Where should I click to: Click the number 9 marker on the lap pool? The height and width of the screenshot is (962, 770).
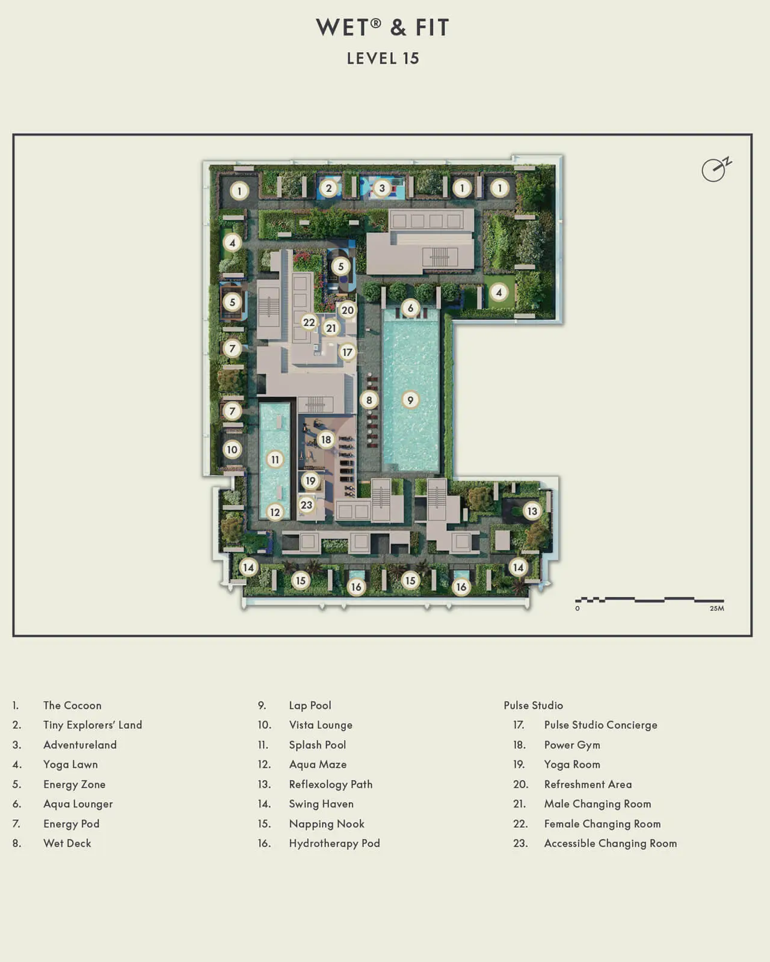click(x=410, y=400)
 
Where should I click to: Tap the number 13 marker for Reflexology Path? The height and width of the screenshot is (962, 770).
click(x=532, y=511)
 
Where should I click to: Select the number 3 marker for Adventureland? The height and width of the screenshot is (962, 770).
click(x=381, y=188)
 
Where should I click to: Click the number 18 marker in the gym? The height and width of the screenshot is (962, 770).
click(x=325, y=440)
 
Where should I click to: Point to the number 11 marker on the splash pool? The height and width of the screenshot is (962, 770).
click(x=275, y=459)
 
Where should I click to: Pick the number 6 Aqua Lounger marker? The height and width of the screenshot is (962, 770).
click(x=410, y=308)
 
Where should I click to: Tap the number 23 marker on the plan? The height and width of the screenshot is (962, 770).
click(x=307, y=504)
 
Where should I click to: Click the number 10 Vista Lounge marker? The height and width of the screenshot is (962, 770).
click(x=232, y=449)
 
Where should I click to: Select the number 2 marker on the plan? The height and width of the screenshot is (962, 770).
click(x=328, y=188)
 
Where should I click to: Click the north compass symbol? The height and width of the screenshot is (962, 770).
click(x=715, y=170)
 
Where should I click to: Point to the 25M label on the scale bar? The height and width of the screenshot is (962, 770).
click(x=716, y=608)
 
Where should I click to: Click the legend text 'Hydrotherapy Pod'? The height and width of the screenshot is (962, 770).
click(x=334, y=843)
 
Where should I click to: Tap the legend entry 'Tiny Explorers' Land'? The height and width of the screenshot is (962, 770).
click(x=93, y=725)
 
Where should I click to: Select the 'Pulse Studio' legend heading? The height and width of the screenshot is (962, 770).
click(x=533, y=705)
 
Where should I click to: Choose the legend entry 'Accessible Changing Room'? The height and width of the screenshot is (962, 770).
click(x=610, y=843)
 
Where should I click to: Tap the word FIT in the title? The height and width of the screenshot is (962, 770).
click(x=432, y=28)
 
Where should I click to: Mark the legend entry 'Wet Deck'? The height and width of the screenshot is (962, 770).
click(x=67, y=843)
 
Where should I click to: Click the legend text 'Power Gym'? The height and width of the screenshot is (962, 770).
click(x=571, y=744)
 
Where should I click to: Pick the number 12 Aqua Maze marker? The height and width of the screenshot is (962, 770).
click(x=275, y=512)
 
